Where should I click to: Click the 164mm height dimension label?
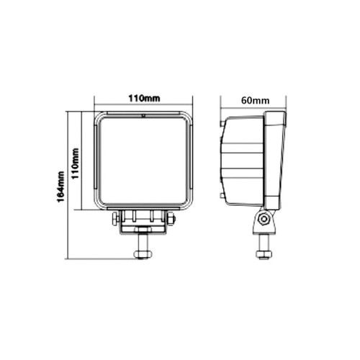pos(61,186)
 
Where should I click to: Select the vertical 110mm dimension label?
pos(76,163)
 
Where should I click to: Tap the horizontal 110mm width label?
pos(144,99)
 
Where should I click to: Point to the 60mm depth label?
pos(255,100)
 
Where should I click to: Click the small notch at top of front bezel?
pos(143,115)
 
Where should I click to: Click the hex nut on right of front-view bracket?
pos(171,219)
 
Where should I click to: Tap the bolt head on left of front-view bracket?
pos(116,219)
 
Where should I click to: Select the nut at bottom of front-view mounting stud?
pos(143,254)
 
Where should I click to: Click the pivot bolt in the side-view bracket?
pos(264,219)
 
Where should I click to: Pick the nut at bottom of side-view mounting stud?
pos(264,254)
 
